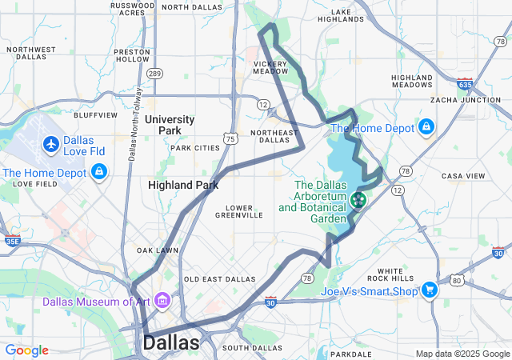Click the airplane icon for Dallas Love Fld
pyautogui.click(x=52, y=145)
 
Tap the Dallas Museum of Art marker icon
pyautogui.click(x=163, y=301)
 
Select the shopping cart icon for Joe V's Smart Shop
pyautogui.click(x=430, y=290)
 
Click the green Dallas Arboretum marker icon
pyautogui.click(x=357, y=198)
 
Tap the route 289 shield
pyautogui.click(x=154, y=74)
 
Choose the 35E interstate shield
pyautogui.click(x=11, y=239)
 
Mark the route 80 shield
pyautogui.click(x=456, y=280)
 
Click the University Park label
pyautogui.click(x=170, y=125)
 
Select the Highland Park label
pyautogui.click(x=183, y=185)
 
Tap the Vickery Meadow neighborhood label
pyautogui.click(x=270, y=67)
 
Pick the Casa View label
pyautogui.click(x=463, y=176)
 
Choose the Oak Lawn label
pyautogui.click(x=157, y=250)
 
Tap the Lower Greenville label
pyautogui.click(x=239, y=210)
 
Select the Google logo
pyautogui.click(x=26, y=350)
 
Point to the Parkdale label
pyautogui.click(x=350, y=353)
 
